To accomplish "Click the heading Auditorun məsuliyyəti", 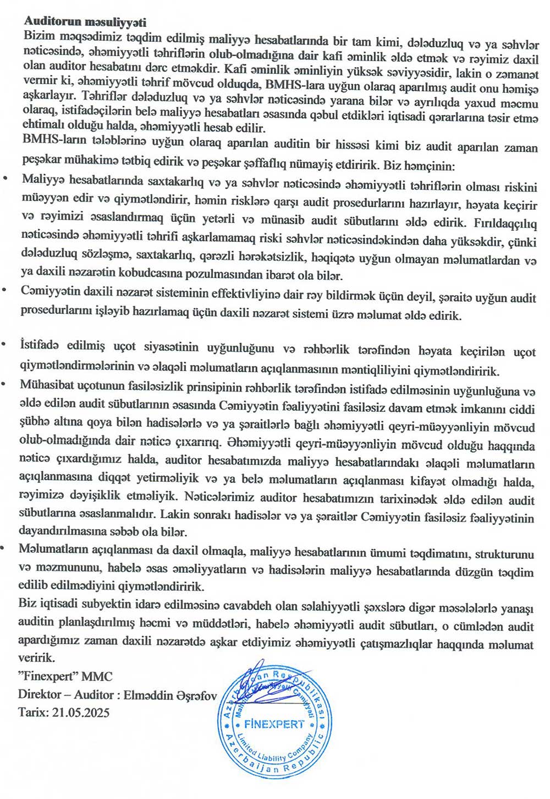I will point(85,22).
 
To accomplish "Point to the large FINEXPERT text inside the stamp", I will point(274,724).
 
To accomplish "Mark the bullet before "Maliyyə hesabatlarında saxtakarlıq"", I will point(5,179).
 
